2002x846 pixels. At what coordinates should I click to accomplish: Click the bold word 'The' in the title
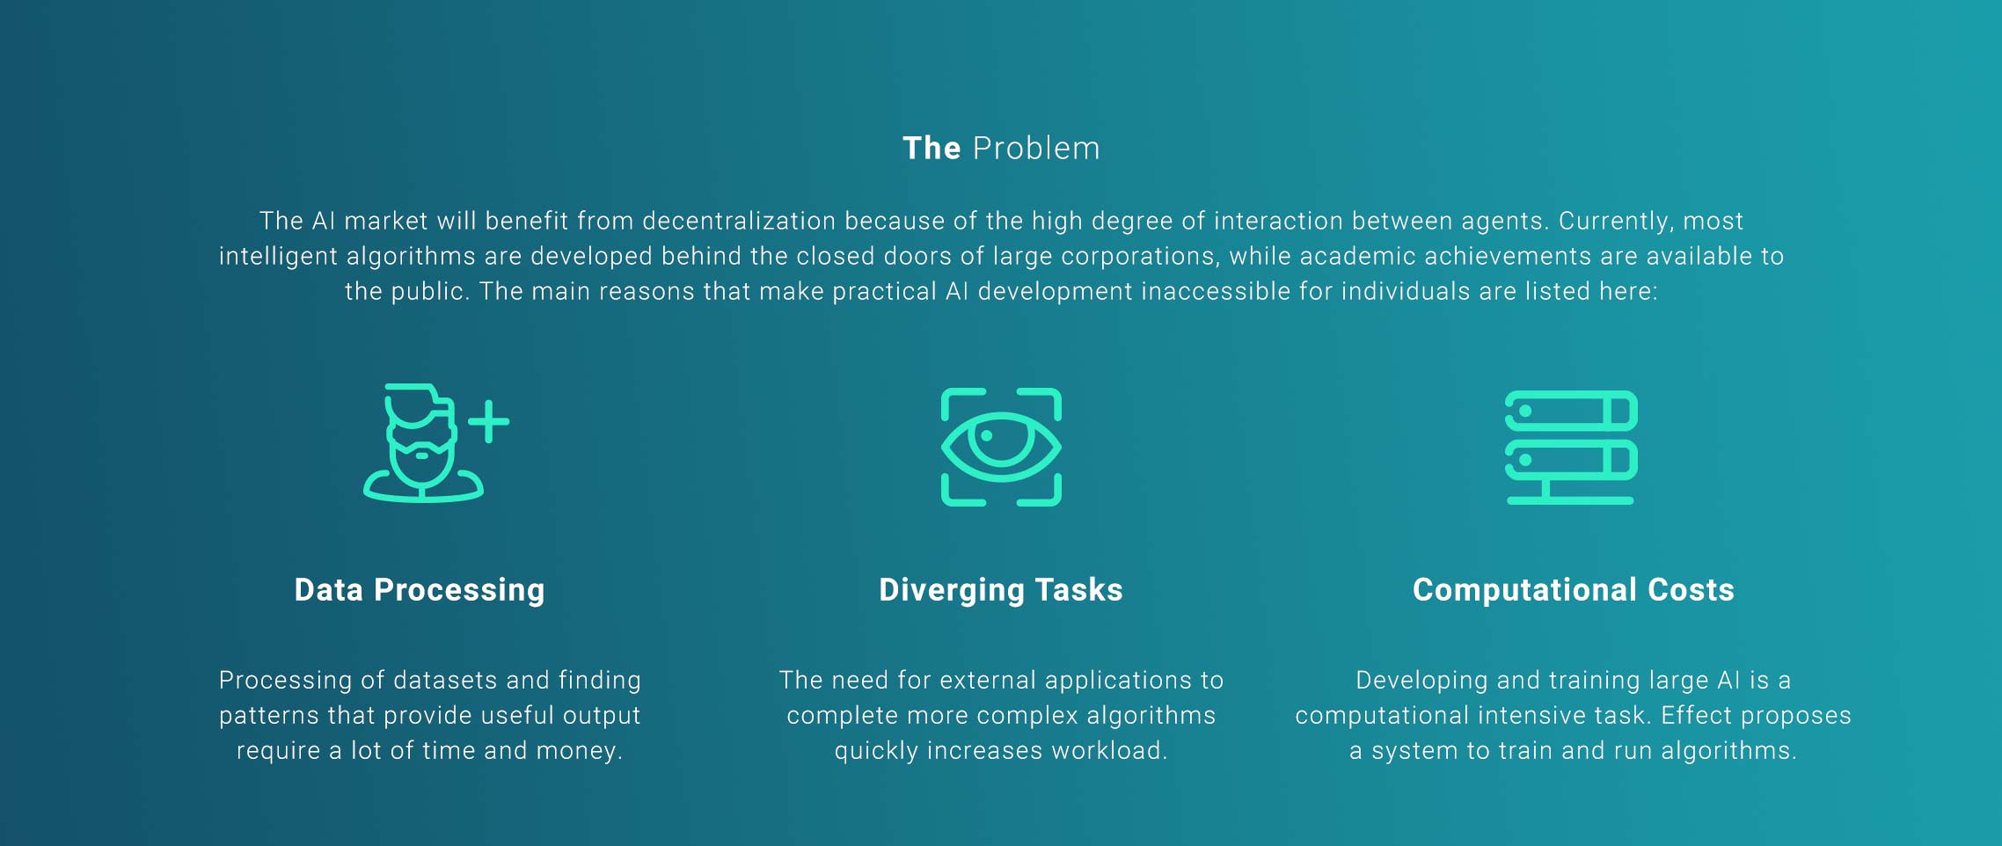(x=932, y=149)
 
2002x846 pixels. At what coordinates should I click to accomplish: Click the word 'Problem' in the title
(x=1036, y=149)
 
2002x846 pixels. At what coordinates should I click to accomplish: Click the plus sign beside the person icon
(x=488, y=421)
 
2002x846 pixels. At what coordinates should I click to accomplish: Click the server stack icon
(x=1571, y=448)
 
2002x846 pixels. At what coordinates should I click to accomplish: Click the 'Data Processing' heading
(x=420, y=590)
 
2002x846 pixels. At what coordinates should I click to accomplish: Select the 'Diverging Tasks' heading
(x=1001, y=590)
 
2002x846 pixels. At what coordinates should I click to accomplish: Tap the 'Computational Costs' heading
(x=1574, y=590)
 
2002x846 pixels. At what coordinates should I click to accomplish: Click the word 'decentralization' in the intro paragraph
(x=739, y=221)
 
